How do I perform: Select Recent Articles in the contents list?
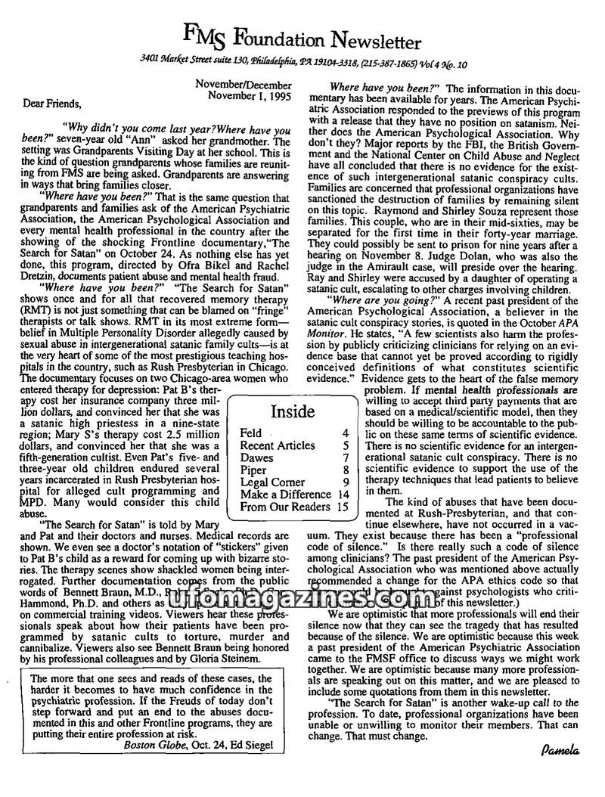tap(277, 446)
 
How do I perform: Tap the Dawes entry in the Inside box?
tap(256, 458)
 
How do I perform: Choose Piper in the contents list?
tap(253, 470)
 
